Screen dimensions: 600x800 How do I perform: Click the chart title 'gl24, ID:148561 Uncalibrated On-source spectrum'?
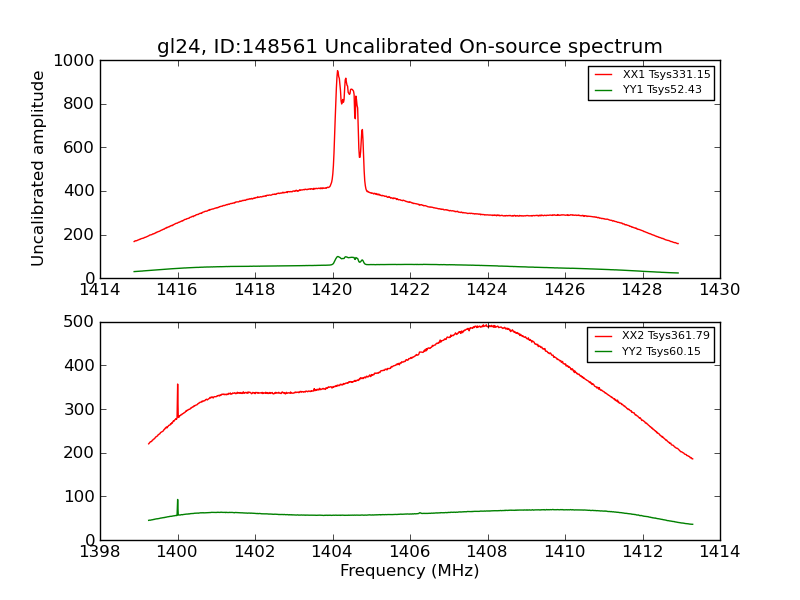409,47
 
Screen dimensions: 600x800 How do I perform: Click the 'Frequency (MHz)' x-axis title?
409,571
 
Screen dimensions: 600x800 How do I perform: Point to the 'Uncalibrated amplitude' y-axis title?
39,168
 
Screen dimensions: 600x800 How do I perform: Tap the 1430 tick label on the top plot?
719,290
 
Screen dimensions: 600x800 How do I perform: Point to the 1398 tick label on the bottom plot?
100,551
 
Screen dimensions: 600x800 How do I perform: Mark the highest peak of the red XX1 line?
337,71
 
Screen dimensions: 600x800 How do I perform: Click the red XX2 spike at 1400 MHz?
178,385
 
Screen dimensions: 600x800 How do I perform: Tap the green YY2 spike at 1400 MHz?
178,500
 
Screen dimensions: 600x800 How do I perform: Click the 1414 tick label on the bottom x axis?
719,551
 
